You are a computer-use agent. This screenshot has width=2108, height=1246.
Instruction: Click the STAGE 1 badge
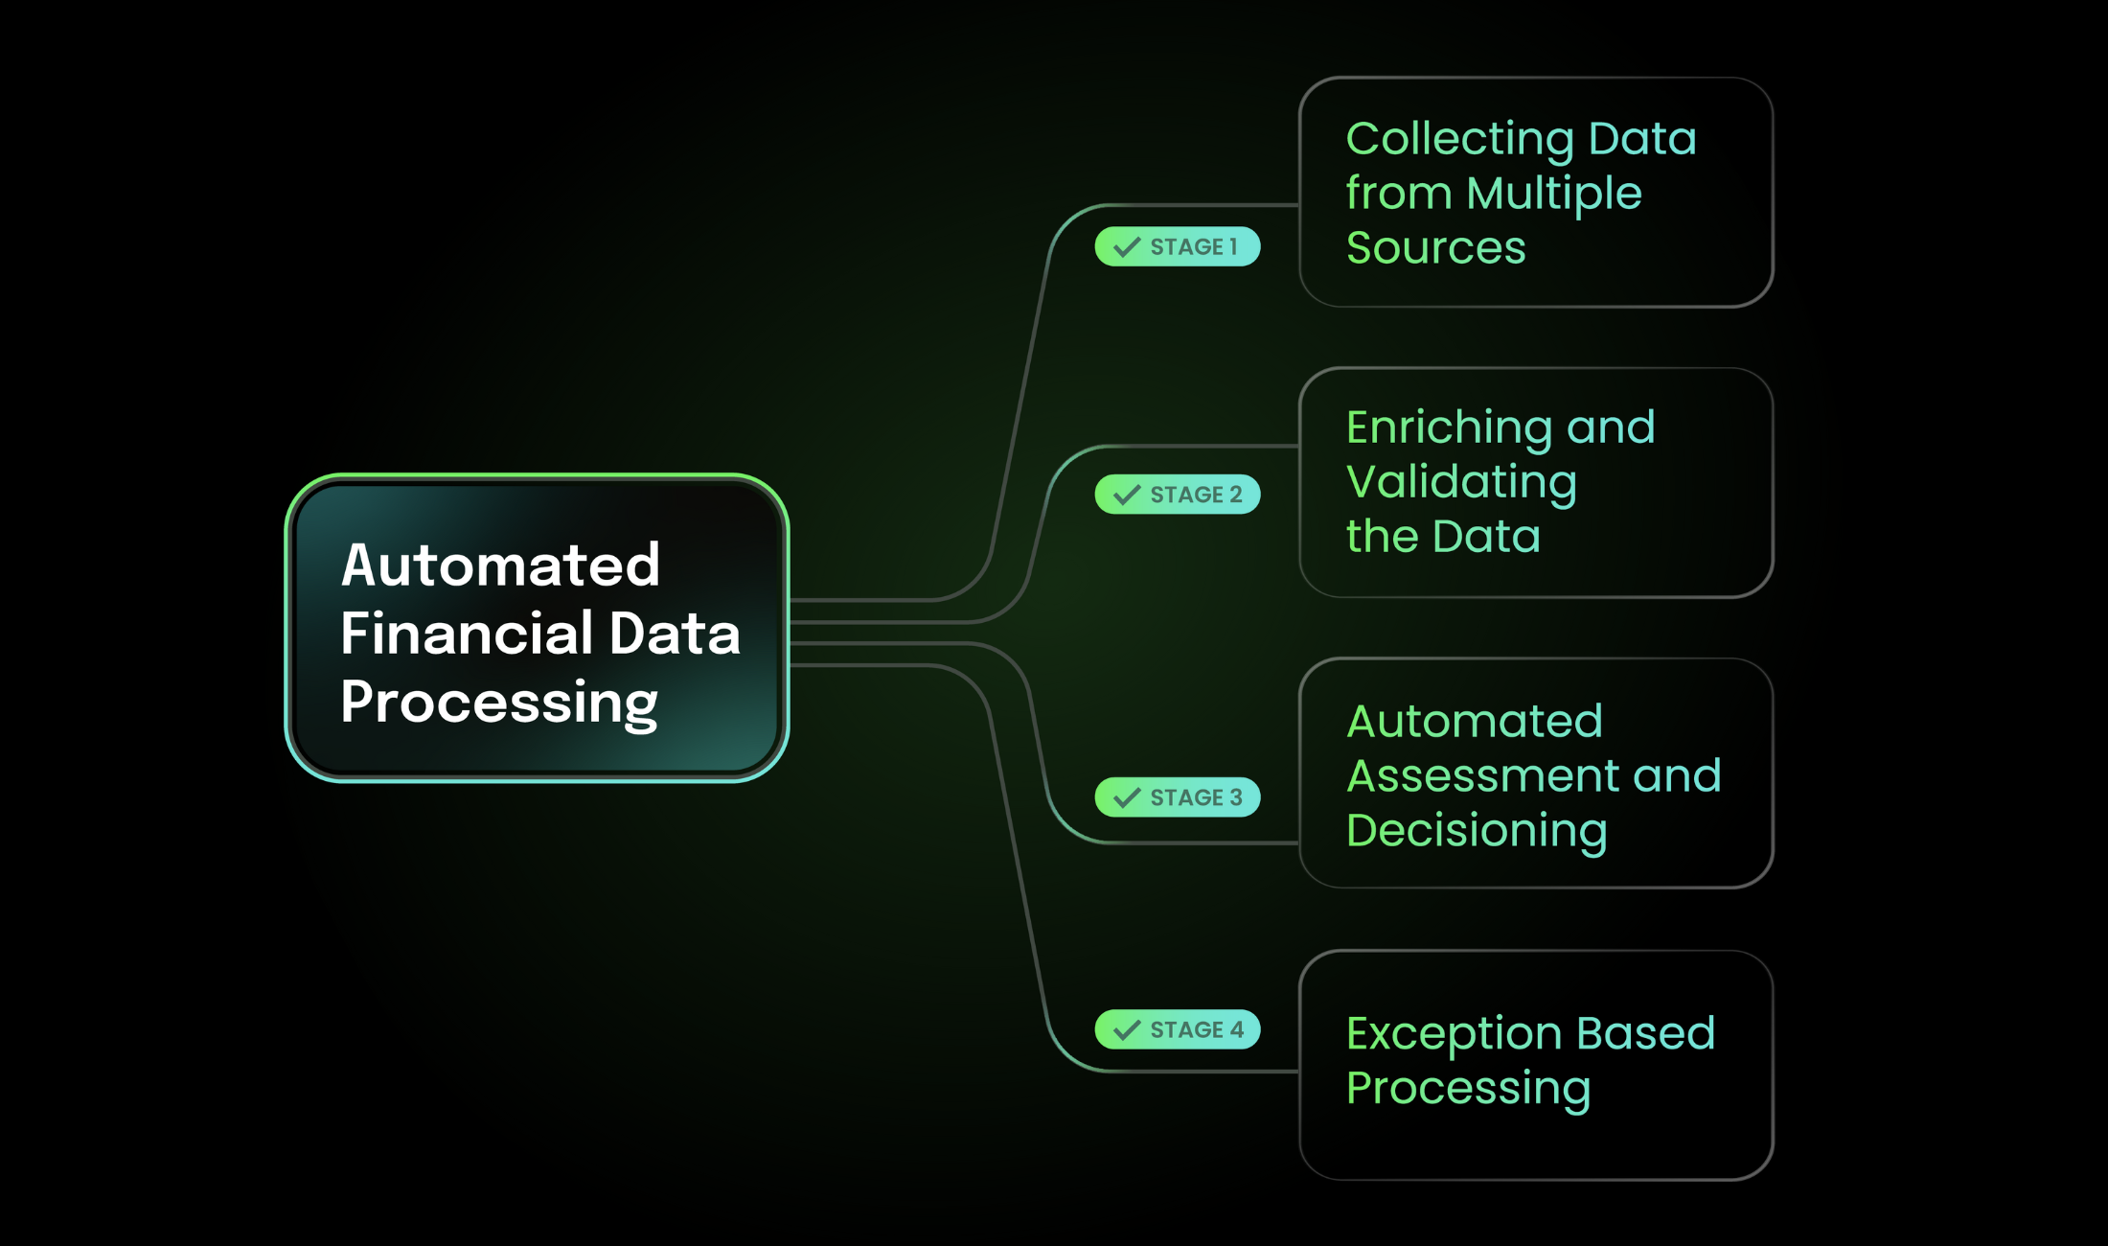(x=1177, y=246)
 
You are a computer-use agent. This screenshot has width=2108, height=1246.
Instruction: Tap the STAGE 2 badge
(x=1177, y=495)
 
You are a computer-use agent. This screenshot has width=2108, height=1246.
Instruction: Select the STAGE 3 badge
(x=1177, y=797)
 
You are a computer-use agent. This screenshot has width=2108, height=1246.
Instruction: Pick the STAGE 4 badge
(x=1177, y=1029)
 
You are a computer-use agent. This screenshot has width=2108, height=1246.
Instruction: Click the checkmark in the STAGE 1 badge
(x=1127, y=247)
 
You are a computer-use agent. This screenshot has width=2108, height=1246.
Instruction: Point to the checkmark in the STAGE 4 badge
(x=1127, y=1030)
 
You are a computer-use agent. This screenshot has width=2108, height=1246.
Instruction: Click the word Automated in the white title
(x=500, y=565)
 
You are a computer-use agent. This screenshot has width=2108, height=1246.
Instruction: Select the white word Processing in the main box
(x=498, y=704)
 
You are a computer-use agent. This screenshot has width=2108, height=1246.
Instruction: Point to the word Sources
(x=1435, y=248)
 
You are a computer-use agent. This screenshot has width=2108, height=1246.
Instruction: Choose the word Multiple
(x=1553, y=195)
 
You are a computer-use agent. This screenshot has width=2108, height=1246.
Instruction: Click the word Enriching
(x=1449, y=428)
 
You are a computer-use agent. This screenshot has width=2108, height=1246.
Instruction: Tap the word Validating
(x=1461, y=482)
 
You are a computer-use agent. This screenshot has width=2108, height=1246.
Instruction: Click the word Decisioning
(x=1477, y=831)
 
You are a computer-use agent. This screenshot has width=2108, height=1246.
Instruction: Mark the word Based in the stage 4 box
(x=1645, y=1033)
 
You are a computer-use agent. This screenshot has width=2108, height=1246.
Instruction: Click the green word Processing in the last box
(x=1468, y=1089)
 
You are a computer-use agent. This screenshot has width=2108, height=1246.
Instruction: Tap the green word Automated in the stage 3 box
(x=1475, y=722)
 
